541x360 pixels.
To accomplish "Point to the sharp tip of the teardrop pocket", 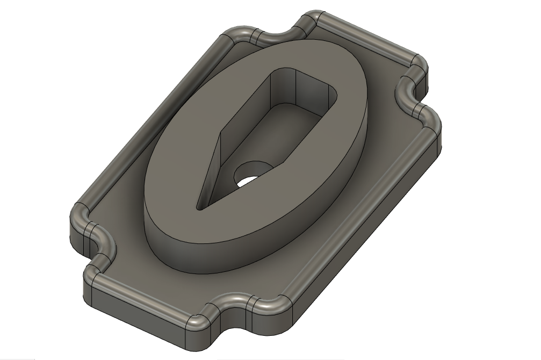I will pos(199,205).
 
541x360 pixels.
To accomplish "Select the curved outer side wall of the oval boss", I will pos(269,236).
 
